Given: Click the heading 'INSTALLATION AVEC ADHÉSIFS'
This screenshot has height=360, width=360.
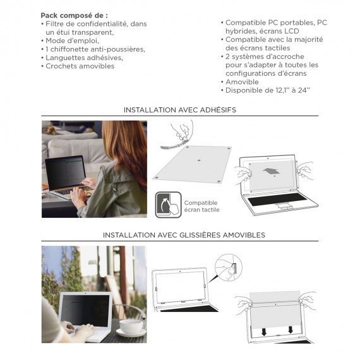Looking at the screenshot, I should point(180,110).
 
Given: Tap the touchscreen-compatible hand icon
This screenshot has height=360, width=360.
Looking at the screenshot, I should point(169,205).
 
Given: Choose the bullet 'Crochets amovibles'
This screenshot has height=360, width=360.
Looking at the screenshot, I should point(80,66).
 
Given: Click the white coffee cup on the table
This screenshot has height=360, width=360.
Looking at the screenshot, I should point(131,327).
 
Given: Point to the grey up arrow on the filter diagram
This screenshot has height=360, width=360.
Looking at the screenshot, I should point(271,172).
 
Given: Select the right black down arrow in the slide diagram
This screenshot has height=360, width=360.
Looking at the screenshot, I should point(291,330).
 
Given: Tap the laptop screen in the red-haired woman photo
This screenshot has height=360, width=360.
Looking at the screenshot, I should point(65,174).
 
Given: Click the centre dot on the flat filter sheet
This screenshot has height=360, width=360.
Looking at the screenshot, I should point(199,160).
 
